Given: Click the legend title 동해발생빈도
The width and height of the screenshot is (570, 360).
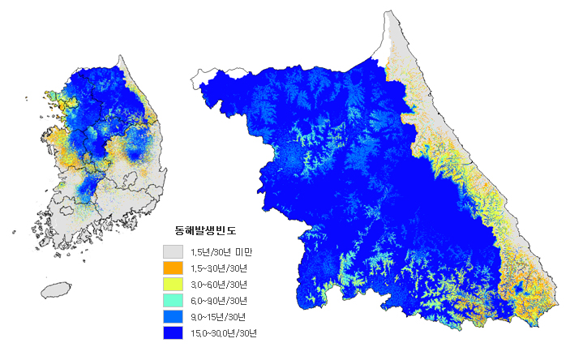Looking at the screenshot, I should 205,231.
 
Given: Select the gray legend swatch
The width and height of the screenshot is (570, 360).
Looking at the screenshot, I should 173,251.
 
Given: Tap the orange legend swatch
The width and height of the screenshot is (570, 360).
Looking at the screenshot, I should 173,267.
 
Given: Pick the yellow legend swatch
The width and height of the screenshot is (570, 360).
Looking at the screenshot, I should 173,284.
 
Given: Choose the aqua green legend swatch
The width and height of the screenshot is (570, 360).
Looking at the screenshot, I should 173,300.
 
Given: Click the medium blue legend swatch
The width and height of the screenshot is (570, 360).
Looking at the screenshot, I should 173,316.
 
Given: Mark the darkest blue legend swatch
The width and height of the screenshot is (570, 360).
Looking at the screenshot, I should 173,332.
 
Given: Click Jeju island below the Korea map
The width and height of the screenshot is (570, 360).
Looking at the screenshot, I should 55,289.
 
